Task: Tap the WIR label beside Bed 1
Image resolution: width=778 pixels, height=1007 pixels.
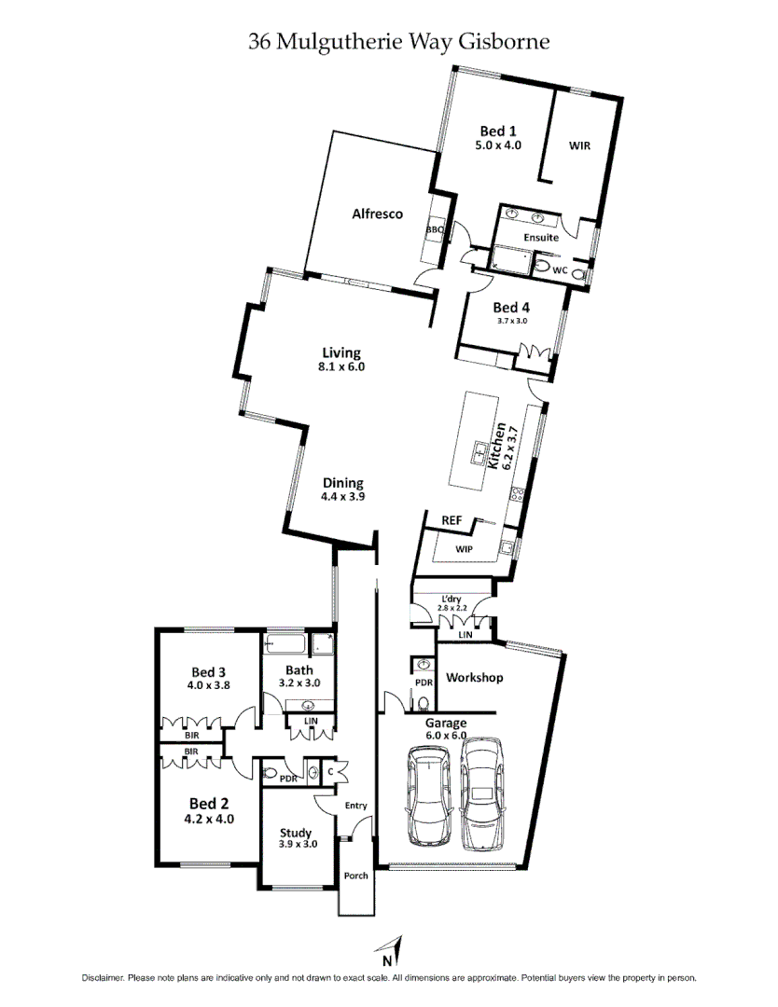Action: coord(579,145)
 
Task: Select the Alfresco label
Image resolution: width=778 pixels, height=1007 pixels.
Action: coord(377,214)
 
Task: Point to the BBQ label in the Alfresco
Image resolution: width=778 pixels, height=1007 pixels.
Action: coord(435,229)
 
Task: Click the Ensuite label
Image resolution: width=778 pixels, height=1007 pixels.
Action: coord(541,238)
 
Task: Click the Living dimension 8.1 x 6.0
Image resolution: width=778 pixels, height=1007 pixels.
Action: coord(340,367)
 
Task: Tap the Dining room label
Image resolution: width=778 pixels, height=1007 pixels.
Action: coord(342,483)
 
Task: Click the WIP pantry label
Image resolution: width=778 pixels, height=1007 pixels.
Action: coord(464,549)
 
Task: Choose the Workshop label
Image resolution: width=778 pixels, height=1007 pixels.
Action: coord(474,678)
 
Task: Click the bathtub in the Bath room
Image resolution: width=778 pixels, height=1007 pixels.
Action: coord(285,644)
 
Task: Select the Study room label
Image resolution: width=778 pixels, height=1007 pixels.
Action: coord(296,833)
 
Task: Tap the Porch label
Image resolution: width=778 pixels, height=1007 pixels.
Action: coord(355,876)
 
